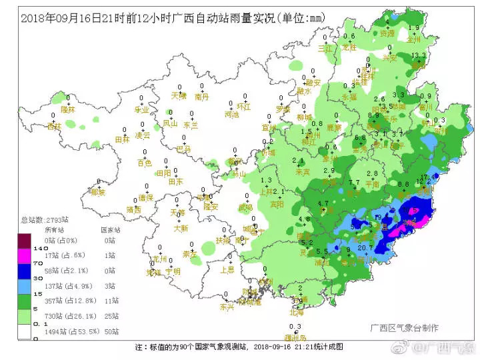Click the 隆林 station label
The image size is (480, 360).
tap(68, 109)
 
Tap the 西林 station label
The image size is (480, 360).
tap(53, 125)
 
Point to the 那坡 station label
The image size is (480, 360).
tap(98, 192)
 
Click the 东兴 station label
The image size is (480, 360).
tap(227, 307)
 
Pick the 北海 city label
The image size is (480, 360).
tap(297, 312)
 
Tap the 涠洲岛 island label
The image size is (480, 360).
tap(295, 337)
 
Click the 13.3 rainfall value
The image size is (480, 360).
tap(419, 55)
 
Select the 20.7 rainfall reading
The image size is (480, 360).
tap(365, 248)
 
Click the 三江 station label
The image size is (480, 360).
tap(325, 48)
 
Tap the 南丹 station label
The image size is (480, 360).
tap(202, 97)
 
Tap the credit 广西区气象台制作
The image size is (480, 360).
tap(404, 328)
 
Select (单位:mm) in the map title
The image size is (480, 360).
tap(298, 18)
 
